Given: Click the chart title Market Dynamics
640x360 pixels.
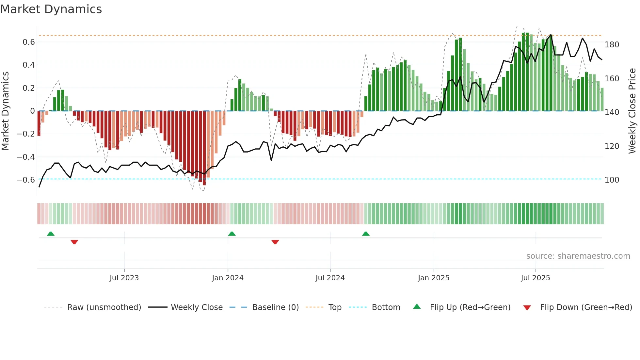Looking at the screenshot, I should click(51, 9).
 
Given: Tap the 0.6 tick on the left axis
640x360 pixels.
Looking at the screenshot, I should click(29, 42).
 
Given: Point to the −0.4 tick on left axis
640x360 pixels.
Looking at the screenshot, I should click(26, 157).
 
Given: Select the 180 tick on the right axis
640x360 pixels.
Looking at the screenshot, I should click(612, 45).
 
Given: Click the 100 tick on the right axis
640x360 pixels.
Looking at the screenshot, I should click(612, 180).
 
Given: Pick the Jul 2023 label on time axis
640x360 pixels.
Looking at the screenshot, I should click(124, 278).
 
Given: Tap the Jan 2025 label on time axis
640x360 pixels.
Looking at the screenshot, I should click(434, 278).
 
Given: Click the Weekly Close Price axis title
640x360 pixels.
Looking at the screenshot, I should click(632, 111).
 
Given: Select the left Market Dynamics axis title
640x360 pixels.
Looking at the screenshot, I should click(5, 111).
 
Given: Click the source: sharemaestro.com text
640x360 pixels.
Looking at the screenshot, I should click(578, 256).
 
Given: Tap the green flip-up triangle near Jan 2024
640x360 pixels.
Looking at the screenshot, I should click(232, 234).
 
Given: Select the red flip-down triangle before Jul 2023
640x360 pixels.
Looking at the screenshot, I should click(74, 242).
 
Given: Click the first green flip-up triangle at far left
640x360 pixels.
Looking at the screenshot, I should click(51, 234).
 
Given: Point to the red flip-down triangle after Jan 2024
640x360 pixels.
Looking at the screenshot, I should click(275, 242).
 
